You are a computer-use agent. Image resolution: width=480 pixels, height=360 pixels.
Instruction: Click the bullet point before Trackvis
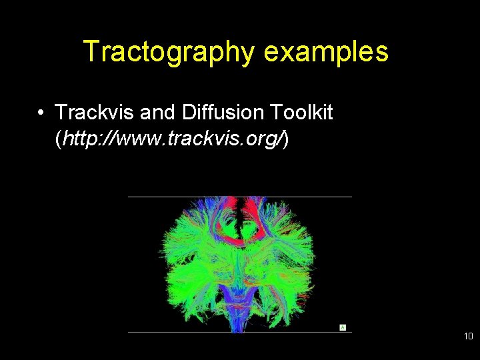tap(41, 113)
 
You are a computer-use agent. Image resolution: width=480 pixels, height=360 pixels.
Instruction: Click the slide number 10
tap(468, 337)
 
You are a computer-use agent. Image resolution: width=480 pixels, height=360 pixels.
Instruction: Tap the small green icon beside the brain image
tap(343, 327)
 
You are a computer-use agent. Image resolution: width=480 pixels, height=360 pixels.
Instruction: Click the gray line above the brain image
tap(240, 197)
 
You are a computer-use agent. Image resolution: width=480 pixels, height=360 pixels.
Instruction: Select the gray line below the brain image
tap(240, 332)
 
